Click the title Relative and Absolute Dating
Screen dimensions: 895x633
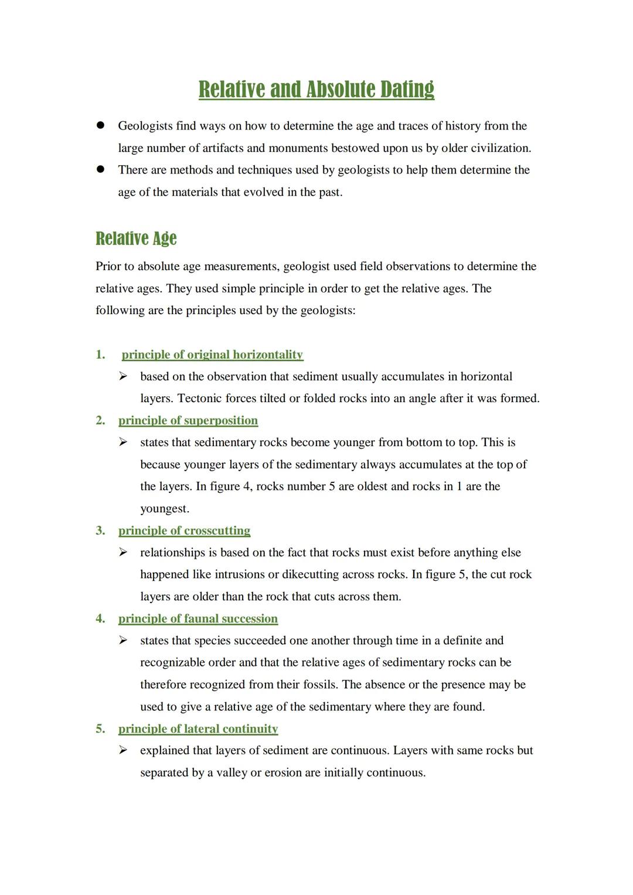pos(316,89)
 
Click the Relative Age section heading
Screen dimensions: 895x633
pos(136,239)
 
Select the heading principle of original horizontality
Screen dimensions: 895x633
pos(212,355)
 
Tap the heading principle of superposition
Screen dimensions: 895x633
pos(188,420)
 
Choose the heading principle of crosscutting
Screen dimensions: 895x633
pos(184,530)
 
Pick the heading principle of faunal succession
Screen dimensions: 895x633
pos(198,618)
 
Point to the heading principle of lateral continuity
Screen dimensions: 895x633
pos(198,729)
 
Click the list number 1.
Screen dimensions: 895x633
pos(100,355)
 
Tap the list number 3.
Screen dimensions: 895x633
pos(100,530)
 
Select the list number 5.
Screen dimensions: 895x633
pos(100,729)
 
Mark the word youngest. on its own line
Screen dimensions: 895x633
pos(165,509)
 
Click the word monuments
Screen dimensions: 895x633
pos(298,148)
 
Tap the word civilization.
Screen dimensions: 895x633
pos(501,148)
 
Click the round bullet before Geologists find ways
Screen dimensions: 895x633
pos(101,125)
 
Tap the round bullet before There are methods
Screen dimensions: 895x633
pos(101,169)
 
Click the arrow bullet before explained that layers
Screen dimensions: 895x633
pos(123,750)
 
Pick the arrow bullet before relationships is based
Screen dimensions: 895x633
pos(123,552)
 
